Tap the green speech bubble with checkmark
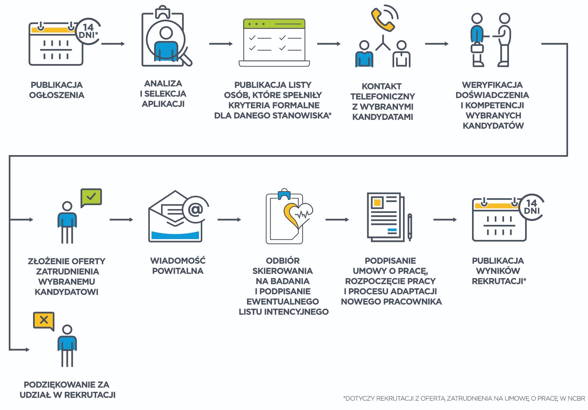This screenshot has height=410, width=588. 91,197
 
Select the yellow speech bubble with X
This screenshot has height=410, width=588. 44,320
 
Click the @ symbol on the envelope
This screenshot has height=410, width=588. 195,209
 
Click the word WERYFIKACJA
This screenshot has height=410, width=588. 492,85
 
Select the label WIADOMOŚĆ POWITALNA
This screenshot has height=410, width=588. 178,266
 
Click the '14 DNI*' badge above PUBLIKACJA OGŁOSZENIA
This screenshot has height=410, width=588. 89,31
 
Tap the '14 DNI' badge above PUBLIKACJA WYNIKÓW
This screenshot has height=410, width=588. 532,207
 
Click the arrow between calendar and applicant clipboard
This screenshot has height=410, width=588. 113,44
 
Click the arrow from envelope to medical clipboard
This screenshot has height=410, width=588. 229,219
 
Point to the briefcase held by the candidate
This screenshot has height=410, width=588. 477,49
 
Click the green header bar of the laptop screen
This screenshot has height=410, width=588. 274,24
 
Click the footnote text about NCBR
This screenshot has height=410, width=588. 464,398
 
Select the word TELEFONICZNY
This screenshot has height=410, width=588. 382,96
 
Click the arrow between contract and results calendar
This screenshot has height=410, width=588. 445,219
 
